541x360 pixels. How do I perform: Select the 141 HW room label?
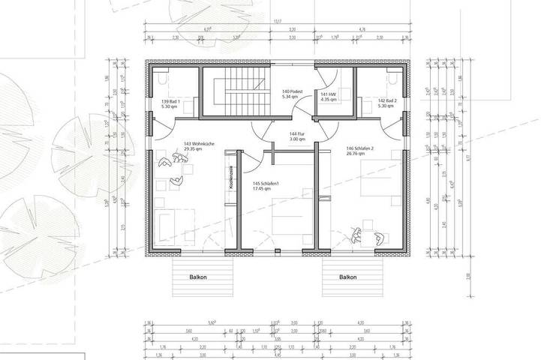click(x=329, y=94)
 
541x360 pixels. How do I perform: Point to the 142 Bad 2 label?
click(x=386, y=100)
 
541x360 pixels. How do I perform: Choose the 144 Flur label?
click(x=297, y=134)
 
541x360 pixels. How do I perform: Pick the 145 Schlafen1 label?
click(x=266, y=184)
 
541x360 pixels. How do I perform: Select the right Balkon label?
click(x=347, y=276)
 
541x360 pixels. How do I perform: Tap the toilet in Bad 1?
click(x=163, y=77)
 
